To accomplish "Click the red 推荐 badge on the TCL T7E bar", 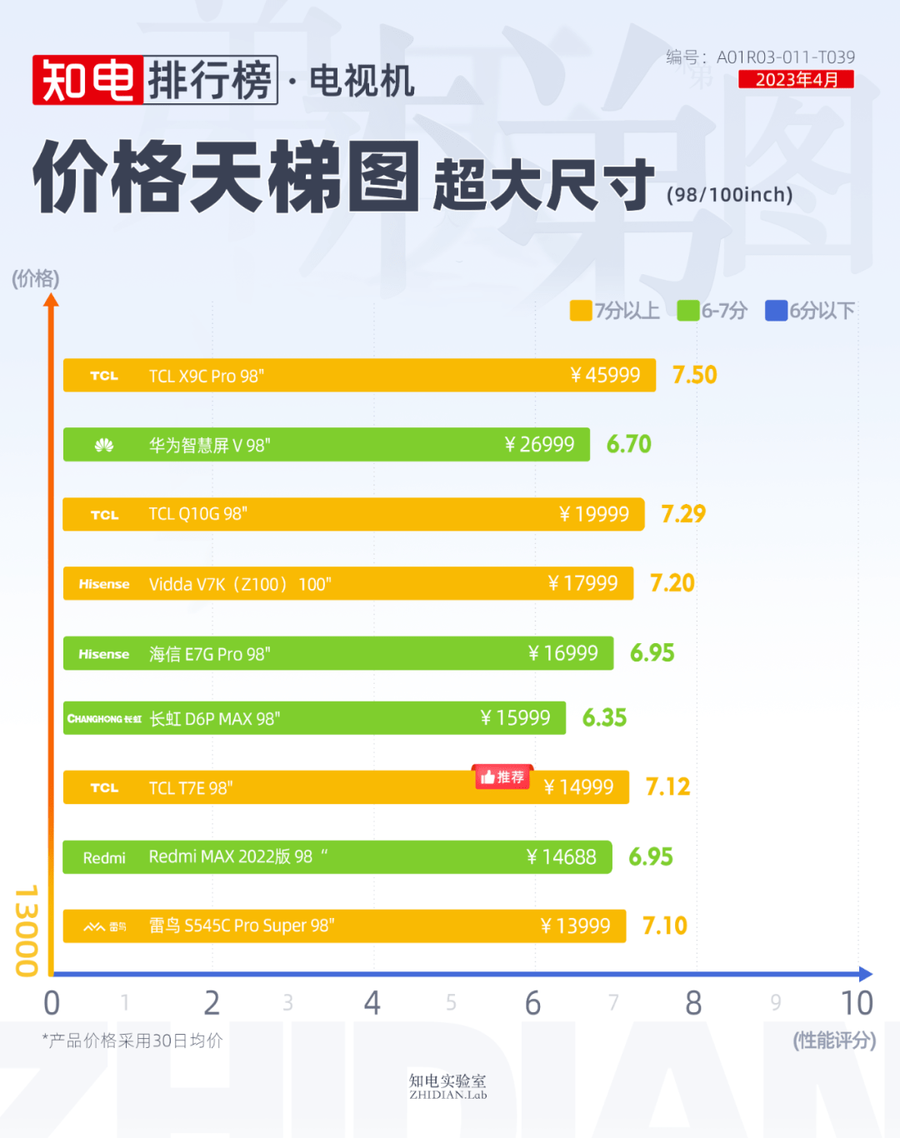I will click(x=502, y=777).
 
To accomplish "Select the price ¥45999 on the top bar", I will click(x=605, y=376).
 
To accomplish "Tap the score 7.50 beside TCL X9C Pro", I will click(x=694, y=375).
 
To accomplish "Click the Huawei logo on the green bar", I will click(x=104, y=446).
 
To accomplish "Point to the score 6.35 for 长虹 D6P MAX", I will click(x=604, y=718).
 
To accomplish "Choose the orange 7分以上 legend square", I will click(x=580, y=311).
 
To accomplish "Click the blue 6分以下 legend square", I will click(x=776, y=311).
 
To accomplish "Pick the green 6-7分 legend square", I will click(x=687, y=311).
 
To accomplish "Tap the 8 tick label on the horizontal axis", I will click(x=692, y=1003).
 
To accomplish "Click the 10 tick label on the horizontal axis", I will click(x=856, y=1003).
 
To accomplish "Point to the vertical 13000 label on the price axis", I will click(x=27, y=930).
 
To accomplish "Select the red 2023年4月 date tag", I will click(x=796, y=79).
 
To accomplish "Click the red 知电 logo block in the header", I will click(x=87, y=81).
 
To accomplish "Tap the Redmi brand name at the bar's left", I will click(x=104, y=858).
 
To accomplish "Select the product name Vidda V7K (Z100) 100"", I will click(x=240, y=584).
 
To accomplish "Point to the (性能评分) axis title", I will click(x=833, y=1041).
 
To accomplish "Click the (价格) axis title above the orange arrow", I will click(x=36, y=278).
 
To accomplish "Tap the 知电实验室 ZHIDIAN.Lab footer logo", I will click(x=447, y=1086).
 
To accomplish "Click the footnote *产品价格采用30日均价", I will click(x=132, y=1041).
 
